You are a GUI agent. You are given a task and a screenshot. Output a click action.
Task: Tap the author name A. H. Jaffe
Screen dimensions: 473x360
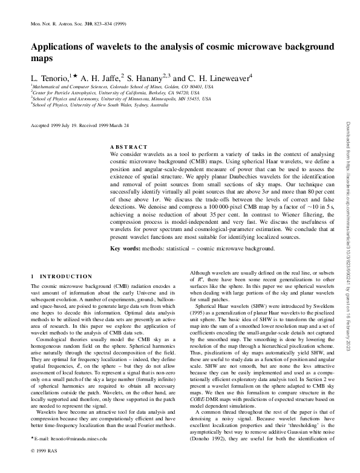tap(102, 77)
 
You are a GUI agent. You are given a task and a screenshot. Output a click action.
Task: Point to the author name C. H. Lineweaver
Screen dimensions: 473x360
tap(222, 77)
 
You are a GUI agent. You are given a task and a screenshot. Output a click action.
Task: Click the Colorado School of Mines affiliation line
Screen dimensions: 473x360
tap(122, 87)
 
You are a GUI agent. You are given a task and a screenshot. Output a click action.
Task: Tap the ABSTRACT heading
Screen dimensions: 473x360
tap(128, 147)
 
